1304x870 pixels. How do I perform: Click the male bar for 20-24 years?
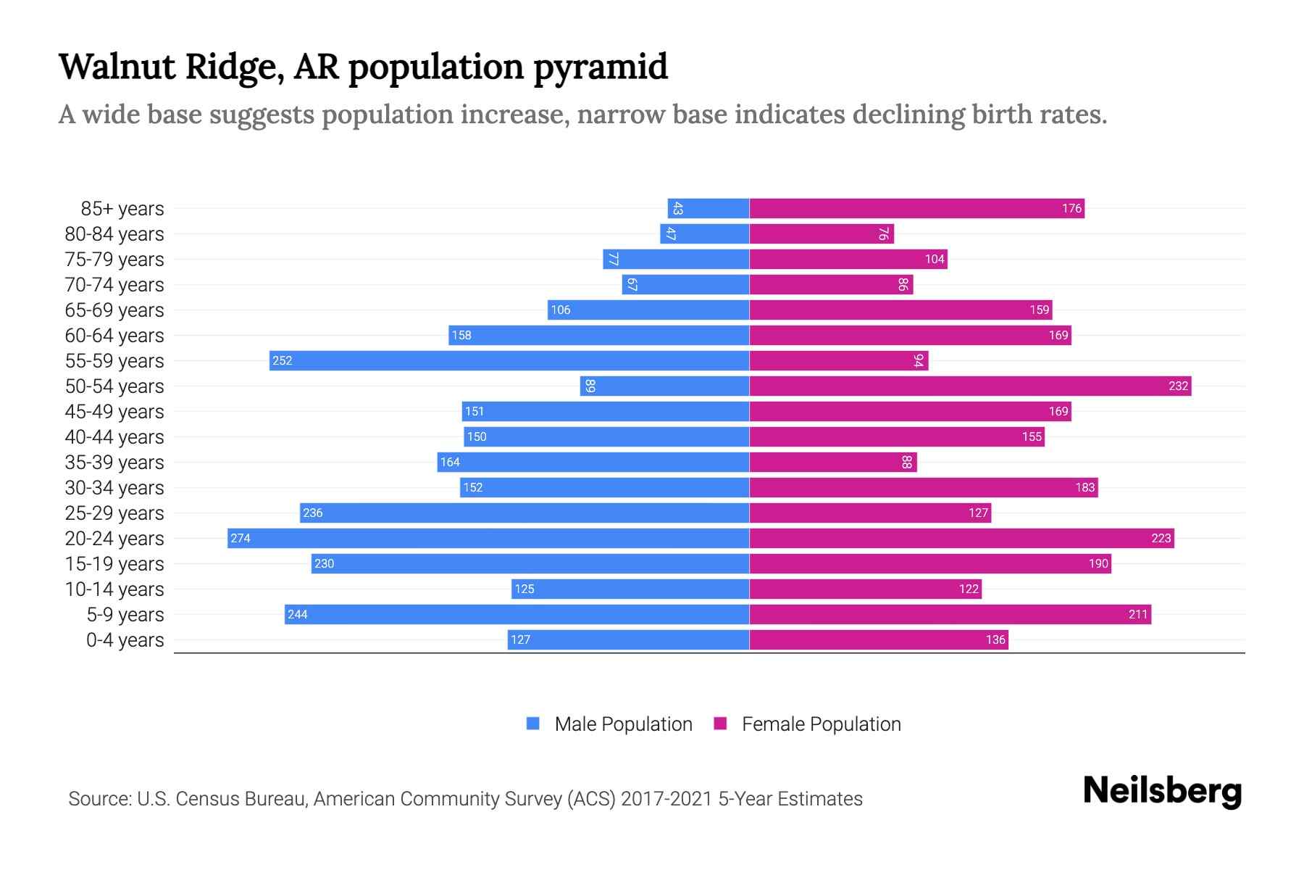click(488, 538)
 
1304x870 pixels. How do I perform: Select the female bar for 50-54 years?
click(970, 386)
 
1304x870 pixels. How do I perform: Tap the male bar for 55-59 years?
click(509, 360)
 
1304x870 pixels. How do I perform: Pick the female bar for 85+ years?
click(916, 208)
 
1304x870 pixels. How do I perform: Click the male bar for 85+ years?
click(709, 208)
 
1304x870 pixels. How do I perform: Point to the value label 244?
click(297, 615)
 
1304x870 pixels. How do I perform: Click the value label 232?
click(1178, 386)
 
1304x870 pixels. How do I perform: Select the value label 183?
click(1084, 487)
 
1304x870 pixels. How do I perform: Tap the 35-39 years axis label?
click(114, 462)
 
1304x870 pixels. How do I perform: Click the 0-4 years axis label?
click(125, 640)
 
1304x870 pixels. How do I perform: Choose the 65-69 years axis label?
click(114, 310)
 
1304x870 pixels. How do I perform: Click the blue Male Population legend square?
click(533, 724)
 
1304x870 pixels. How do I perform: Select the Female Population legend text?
click(821, 724)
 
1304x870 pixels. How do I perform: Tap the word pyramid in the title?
click(601, 67)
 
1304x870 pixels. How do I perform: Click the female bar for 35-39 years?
click(833, 462)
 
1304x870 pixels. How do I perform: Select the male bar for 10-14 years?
click(630, 589)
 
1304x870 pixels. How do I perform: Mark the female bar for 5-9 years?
click(950, 614)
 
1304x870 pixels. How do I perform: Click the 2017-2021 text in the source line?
click(666, 799)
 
